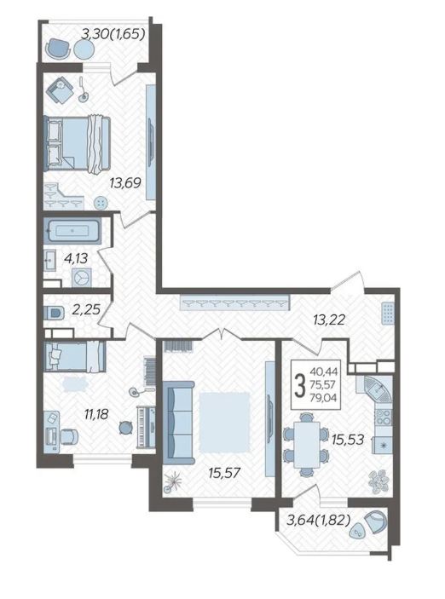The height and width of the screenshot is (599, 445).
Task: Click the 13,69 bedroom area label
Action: (x=125, y=182)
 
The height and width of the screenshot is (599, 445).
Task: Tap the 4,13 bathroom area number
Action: (x=76, y=259)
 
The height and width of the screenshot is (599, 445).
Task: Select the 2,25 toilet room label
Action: (x=85, y=309)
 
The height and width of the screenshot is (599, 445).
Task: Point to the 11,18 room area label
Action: (x=96, y=413)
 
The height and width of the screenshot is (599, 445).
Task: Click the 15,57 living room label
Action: (x=224, y=473)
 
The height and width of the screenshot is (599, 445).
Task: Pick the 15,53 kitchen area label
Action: (x=348, y=440)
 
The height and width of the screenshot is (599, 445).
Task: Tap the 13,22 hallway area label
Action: (x=329, y=320)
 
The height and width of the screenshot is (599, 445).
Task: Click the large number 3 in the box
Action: (x=301, y=385)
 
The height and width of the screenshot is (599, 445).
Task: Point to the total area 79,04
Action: (x=323, y=398)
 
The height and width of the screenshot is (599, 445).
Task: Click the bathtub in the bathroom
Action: (x=72, y=231)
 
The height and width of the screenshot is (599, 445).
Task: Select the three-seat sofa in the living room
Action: (x=179, y=422)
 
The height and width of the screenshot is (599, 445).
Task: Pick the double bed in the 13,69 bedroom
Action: (x=78, y=142)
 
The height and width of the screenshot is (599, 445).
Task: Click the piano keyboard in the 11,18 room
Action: (x=146, y=427)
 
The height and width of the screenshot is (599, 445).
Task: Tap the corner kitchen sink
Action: (x=377, y=389)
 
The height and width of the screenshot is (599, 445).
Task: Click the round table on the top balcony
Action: (x=84, y=49)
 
